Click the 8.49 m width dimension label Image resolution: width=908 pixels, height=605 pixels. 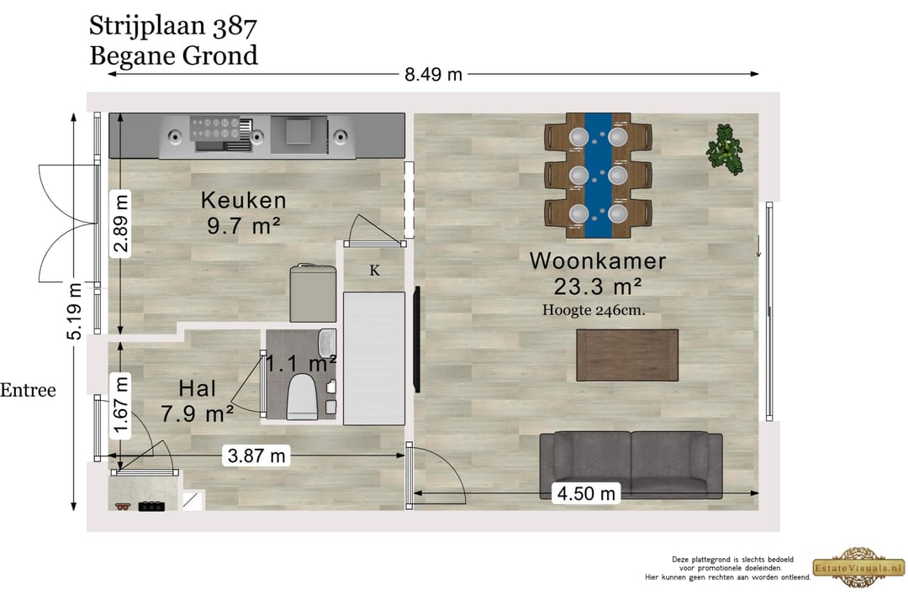[x=433, y=74]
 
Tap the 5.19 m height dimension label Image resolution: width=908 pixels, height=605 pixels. [x=76, y=311]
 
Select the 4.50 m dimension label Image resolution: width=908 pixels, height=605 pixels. [x=586, y=493]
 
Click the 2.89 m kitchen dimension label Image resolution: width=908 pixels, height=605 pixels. [x=123, y=223]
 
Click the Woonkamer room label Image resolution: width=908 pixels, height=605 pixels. [x=597, y=260]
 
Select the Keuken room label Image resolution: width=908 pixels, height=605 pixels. [x=243, y=201]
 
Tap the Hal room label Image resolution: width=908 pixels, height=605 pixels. [x=198, y=388]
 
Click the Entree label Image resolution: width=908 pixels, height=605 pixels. [x=28, y=391]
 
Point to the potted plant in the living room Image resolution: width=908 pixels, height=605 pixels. [x=724, y=148]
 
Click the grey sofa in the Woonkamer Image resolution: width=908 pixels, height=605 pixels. [x=631, y=465]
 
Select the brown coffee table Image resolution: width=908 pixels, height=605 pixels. [x=626, y=355]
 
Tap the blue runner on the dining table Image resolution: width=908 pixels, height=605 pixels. [x=598, y=175]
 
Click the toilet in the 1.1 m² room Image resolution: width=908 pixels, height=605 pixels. [x=302, y=396]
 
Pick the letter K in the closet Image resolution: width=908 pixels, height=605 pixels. [x=374, y=271]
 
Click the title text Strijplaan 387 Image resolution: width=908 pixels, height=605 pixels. [x=172, y=26]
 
